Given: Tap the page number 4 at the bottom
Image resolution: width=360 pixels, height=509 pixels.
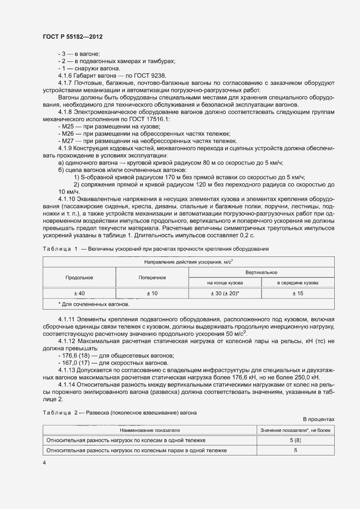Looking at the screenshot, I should (x=44, y=463).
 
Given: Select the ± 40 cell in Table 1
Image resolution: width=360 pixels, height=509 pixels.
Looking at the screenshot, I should (x=79, y=293).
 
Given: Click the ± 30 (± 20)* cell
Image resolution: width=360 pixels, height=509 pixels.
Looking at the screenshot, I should (x=224, y=293).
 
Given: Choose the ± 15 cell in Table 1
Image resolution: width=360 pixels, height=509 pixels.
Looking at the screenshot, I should (x=298, y=293).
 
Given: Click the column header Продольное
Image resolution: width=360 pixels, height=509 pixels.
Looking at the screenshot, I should (x=79, y=277).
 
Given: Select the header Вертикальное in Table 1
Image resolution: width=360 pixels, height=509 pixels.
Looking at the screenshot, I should (x=261, y=272).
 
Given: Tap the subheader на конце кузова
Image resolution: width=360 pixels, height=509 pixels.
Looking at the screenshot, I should (x=224, y=283).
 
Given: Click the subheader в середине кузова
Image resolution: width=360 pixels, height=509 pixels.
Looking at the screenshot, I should (x=298, y=283).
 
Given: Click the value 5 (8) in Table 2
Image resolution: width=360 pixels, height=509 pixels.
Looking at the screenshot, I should (x=295, y=440).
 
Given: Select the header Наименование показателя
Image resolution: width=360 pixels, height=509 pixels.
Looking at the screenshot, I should (x=150, y=430).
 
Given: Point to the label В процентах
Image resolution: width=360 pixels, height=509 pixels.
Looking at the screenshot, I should (x=319, y=419).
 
